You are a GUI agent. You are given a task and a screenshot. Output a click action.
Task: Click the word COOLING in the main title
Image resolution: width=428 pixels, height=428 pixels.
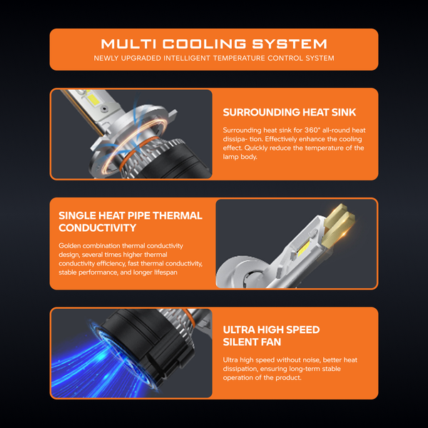click(205, 44)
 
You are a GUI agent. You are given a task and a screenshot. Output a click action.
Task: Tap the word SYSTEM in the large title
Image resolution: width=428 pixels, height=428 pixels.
click(290, 44)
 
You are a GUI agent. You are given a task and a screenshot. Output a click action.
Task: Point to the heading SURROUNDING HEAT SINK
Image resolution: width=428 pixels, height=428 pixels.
click(290, 112)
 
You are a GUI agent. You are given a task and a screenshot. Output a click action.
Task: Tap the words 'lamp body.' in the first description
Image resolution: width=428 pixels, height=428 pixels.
click(240, 157)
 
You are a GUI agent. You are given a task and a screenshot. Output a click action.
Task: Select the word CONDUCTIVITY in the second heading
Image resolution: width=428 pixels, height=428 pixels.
click(98, 228)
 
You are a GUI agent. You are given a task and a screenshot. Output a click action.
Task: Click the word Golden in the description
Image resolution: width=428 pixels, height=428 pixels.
click(70, 245)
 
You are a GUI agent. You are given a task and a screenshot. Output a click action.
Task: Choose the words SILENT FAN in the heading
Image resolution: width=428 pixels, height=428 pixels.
click(252, 342)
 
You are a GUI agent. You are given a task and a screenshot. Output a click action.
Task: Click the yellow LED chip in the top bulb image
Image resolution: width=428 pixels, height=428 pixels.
click(93, 100)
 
